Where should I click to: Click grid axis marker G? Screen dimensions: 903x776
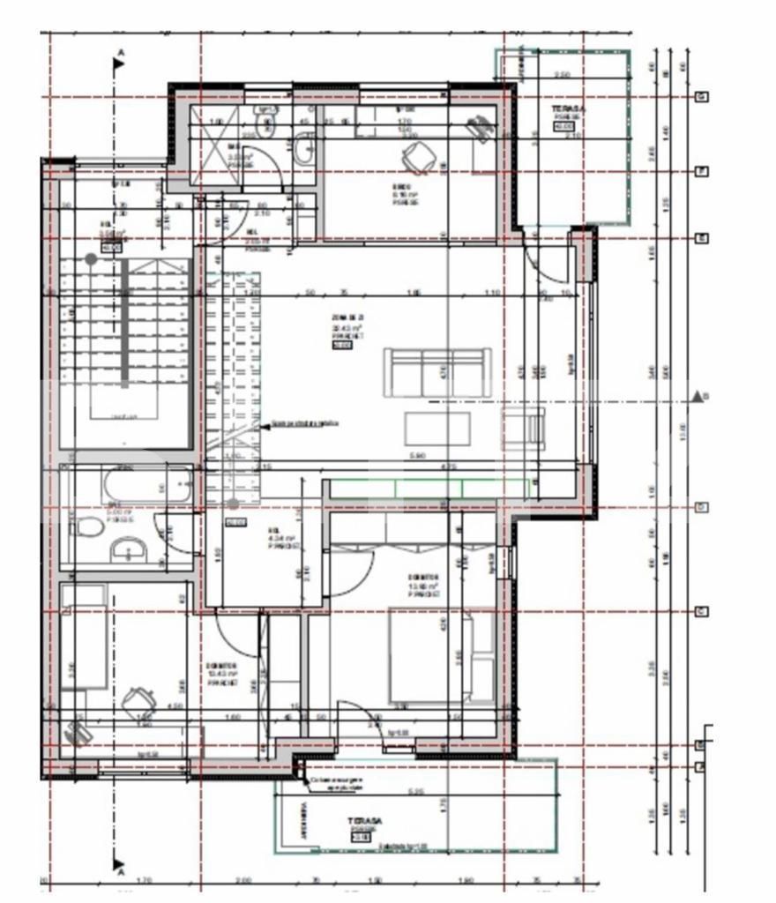pos(702,96)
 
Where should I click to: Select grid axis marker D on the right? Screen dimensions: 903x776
pos(702,507)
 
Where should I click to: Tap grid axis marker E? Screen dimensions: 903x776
pos(702,238)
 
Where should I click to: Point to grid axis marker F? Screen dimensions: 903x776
pos(702,171)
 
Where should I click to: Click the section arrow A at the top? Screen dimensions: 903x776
pos(118,63)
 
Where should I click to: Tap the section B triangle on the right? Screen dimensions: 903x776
pos(698,396)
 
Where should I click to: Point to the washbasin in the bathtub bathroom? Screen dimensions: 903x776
pos(129,553)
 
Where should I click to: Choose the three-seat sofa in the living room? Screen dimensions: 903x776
pos(437,371)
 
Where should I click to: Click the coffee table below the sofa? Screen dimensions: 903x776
pos(437,428)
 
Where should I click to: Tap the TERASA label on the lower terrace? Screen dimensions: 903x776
pos(364,820)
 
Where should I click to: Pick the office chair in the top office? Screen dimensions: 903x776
pos(414,160)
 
